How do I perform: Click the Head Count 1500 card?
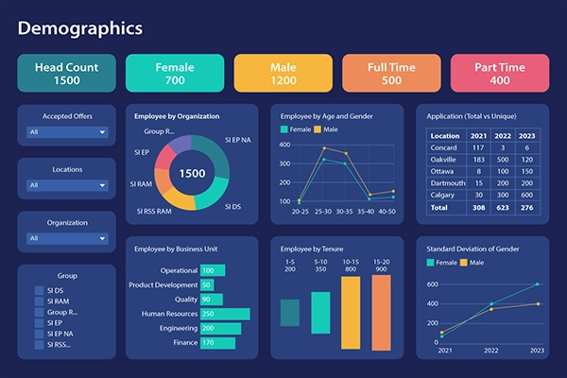pyautogui.click(x=66, y=73)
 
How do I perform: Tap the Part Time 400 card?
pyautogui.click(x=500, y=73)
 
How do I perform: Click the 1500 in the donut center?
pyautogui.click(x=193, y=174)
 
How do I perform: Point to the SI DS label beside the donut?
pyautogui.click(x=232, y=205)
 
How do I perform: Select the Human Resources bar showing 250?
pyautogui.click(x=224, y=314)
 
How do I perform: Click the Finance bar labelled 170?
pyautogui.click(x=217, y=343)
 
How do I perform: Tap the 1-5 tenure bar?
pyautogui.click(x=290, y=313)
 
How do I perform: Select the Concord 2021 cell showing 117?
pyautogui.click(x=478, y=147)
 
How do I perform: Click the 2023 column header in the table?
pyautogui.click(x=527, y=136)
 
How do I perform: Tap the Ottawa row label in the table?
pyautogui.click(x=442, y=171)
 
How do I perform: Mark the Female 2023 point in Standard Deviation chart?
pyautogui.click(x=538, y=283)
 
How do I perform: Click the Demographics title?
pyautogui.click(x=80, y=27)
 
